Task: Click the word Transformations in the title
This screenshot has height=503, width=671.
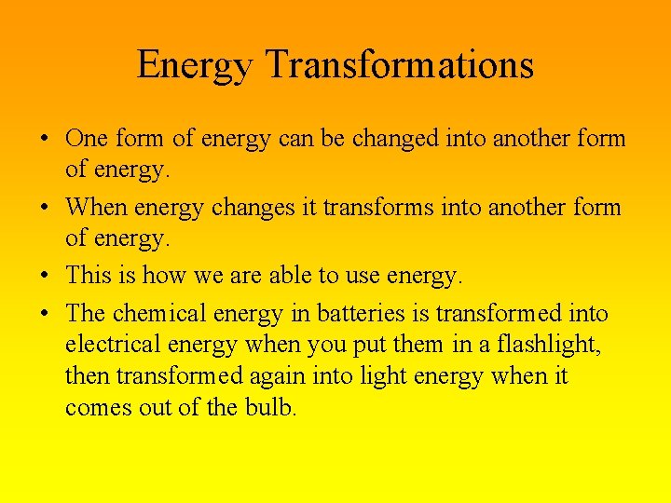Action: tap(400, 65)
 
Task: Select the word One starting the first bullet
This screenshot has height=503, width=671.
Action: tap(87, 140)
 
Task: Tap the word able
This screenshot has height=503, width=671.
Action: tap(293, 276)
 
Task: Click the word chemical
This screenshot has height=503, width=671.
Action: tap(169, 314)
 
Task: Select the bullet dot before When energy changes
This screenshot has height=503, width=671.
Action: tap(45, 208)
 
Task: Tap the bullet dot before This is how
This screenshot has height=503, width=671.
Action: tap(45, 277)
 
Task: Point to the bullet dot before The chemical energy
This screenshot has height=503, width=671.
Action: tap(45, 315)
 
